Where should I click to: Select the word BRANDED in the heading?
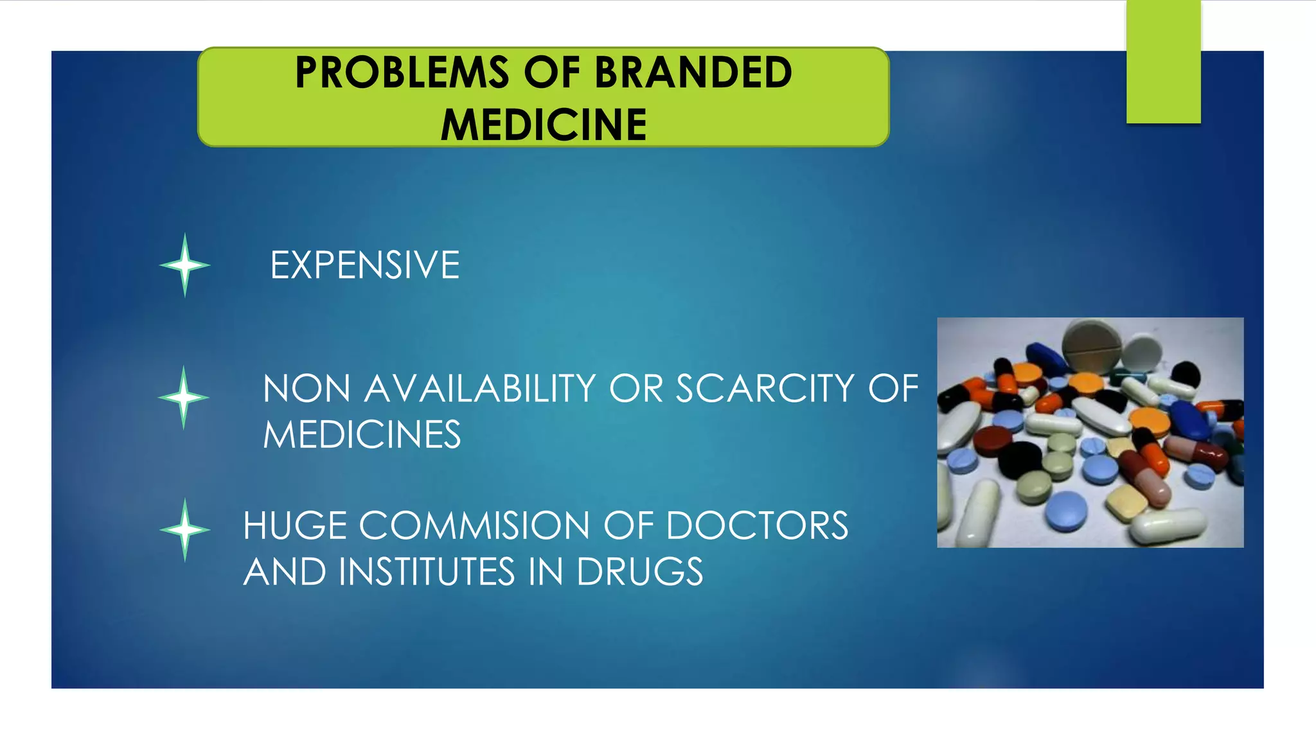(693, 72)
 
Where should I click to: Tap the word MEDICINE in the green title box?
(544, 125)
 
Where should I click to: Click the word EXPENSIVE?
(364, 265)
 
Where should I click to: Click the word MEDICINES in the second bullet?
(362, 435)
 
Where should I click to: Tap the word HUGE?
(295, 526)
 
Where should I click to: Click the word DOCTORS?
(757, 526)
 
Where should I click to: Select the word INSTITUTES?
(427, 572)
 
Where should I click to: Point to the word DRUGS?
(639, 572)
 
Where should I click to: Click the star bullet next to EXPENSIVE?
(185, 265)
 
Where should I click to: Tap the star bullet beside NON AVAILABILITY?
(184, 398)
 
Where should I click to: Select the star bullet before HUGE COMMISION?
(185, 530)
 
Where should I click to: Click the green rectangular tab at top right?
(1163, 61)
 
